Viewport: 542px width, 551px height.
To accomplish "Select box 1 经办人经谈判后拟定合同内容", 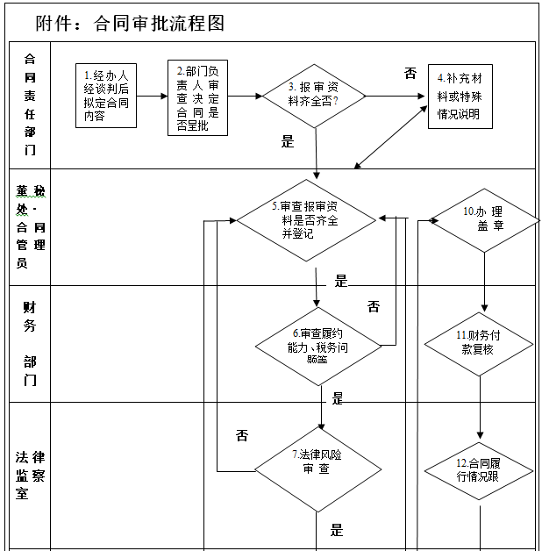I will point(105,97).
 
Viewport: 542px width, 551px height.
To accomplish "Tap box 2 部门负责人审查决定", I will point(197,97).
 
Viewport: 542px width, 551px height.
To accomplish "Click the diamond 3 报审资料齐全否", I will point(314,96).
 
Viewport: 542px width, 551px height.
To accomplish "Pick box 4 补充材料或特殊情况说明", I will point(459,97).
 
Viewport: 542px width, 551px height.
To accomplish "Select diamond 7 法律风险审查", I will point(315,462).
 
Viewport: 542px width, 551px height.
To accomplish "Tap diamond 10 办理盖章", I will point(482,219).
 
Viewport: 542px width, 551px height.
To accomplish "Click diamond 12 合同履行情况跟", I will point(479,470).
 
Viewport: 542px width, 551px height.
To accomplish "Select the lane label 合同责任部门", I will point(30,104).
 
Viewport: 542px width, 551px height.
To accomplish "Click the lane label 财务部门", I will point(30,342).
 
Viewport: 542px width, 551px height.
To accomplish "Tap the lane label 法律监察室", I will point(30,475).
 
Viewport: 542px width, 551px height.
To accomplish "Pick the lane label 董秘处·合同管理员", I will point(30,226).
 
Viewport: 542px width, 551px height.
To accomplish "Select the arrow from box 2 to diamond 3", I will point(245,97).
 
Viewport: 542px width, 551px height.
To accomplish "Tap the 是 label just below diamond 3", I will point(287,141).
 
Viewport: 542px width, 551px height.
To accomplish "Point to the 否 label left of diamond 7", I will point(242,434).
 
